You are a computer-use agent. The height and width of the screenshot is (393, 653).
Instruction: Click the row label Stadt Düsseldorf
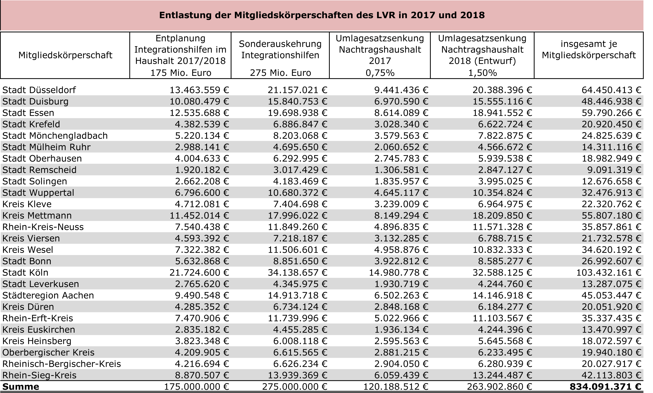tap(39, 90)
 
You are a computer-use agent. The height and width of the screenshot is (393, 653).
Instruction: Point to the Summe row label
tap(21, 387)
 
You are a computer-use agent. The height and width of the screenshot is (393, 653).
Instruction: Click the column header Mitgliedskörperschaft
tap(66, 55)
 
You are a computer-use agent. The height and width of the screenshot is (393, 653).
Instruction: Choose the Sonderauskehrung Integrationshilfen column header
tap(280, 49)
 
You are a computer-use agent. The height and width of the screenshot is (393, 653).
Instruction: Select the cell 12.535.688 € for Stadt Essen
tap(199, 113)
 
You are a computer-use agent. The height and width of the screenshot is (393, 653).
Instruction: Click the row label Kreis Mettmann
tap(37, 216)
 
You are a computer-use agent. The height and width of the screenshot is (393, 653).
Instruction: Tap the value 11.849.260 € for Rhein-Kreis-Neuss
tap(297, 227)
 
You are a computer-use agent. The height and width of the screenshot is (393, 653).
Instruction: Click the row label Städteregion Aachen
tap(48, 295)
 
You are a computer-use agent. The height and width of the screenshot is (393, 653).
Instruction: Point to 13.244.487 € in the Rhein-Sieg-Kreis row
tap(502, 375)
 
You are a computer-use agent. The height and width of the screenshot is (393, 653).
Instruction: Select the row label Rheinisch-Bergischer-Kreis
tap(62, 364)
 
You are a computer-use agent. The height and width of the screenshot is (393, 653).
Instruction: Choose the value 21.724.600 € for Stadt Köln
tap(199, 273)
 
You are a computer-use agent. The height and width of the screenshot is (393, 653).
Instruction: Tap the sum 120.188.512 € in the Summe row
tap(396, 387)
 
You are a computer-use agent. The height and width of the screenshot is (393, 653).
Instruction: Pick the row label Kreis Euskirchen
tap(39, 330)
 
